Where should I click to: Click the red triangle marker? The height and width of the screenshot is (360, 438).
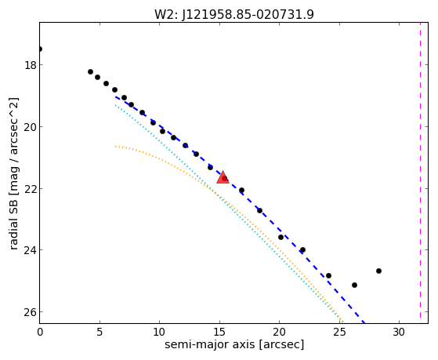223,177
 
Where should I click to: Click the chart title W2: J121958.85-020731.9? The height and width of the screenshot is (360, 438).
234,15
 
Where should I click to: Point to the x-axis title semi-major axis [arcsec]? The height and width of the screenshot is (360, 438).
234,344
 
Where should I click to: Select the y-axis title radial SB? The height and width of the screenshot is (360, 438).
13,221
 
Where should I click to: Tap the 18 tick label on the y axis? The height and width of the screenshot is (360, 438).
31,65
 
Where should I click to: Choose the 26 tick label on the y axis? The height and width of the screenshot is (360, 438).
31,312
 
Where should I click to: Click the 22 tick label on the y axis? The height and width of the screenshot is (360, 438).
31,188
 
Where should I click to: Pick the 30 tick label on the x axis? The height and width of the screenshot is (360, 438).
399,332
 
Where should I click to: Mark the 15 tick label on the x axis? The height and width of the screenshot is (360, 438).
219,332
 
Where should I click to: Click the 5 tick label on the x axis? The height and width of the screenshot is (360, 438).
100,332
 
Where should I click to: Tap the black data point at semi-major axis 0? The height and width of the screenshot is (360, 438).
40,49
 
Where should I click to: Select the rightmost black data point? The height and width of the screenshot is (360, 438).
378,271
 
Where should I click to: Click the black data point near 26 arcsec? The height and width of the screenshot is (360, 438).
354,285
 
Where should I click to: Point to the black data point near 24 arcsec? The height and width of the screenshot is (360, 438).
328,275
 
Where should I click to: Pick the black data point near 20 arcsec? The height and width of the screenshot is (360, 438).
281,237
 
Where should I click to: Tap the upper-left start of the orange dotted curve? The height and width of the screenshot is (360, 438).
115,146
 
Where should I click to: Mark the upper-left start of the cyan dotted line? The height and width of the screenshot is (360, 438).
115,105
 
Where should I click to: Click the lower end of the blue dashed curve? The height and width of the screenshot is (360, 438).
364,323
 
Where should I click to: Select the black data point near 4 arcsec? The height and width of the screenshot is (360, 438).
90,72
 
